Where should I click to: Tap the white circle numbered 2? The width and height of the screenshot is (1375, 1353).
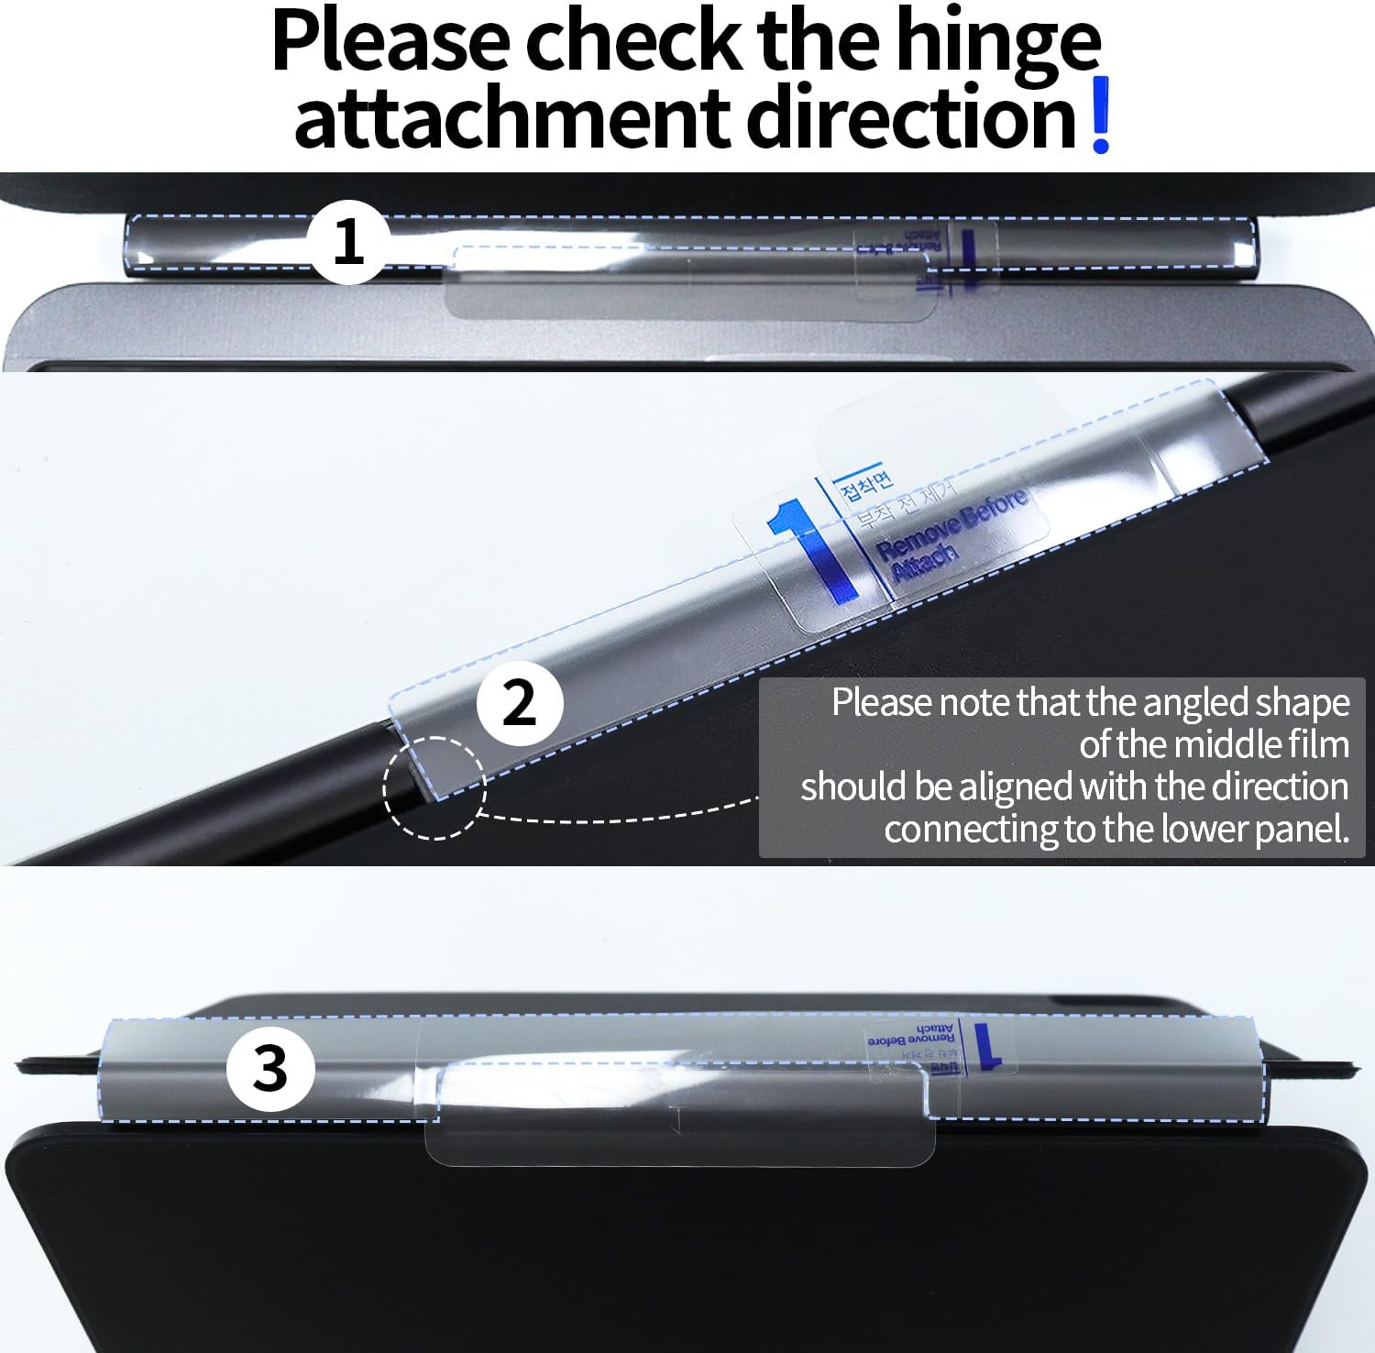(520, 703)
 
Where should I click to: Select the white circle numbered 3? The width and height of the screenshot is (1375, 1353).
(270, 1068)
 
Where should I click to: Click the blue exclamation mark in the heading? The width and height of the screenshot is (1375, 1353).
(1101, 115)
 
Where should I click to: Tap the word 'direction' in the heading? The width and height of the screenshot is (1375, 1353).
(911, 117)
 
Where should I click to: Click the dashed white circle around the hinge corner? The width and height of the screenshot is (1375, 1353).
(434, 787)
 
